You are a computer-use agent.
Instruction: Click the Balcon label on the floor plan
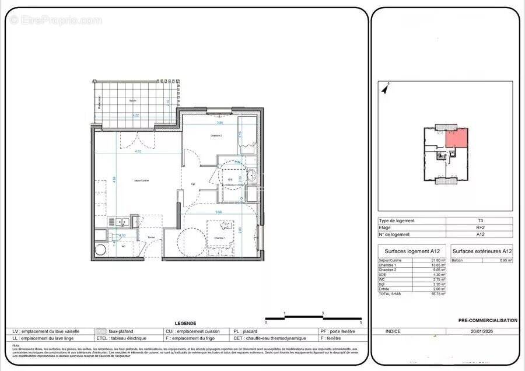(x=132, y=101)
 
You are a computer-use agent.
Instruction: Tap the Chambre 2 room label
(x=201, y=136)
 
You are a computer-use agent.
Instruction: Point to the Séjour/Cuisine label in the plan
(x=141, y=181)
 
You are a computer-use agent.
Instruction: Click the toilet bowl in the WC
(x=116, y=237)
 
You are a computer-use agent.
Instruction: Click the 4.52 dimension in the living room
(x=138, y=152)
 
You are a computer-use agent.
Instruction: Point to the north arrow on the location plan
(x=385, y=89)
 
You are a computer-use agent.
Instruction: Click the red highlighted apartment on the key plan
(x=457, y=138)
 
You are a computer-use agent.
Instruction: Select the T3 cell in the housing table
(x=480, y=220)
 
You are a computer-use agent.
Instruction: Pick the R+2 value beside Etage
(x=480, y=228)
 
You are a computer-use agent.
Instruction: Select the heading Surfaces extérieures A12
(x=482, y=251)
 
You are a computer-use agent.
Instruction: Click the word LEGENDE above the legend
(x=185, y=323)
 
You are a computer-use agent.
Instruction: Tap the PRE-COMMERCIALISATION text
(x=488, y=320)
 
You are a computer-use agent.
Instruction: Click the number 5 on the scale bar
(x=361, y=322)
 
